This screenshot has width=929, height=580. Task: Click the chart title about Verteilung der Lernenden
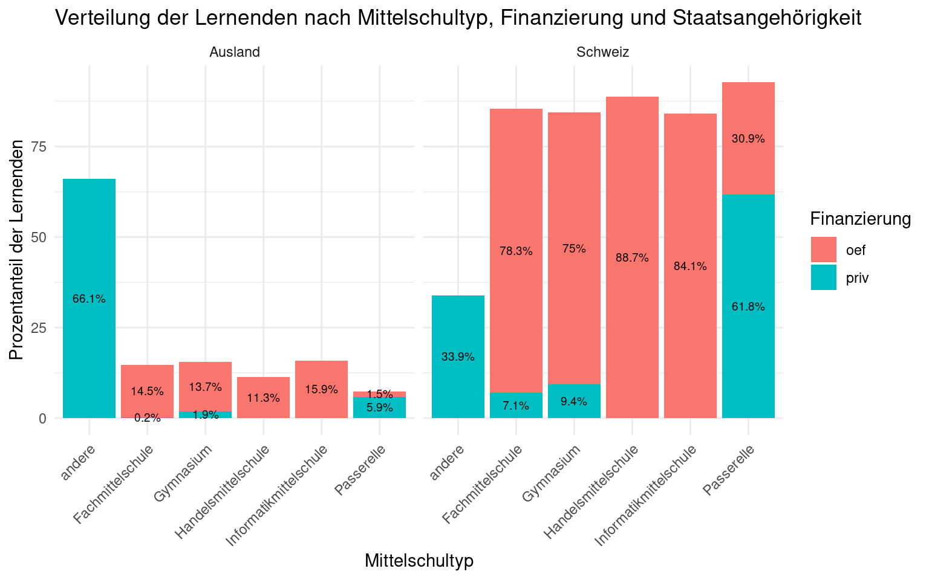458,18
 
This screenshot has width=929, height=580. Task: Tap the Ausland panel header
235,52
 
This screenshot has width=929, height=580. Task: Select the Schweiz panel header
603,52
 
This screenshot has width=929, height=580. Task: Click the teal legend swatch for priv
824,277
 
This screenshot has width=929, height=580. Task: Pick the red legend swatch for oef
824,250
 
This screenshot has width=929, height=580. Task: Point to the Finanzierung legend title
861,219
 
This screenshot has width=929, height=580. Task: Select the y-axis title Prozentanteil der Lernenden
18,250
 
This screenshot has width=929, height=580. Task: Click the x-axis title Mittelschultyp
419,561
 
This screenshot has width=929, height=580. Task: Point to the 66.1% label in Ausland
89,298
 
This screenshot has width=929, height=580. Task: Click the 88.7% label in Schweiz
632,258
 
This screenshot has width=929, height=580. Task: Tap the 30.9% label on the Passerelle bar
748,138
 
